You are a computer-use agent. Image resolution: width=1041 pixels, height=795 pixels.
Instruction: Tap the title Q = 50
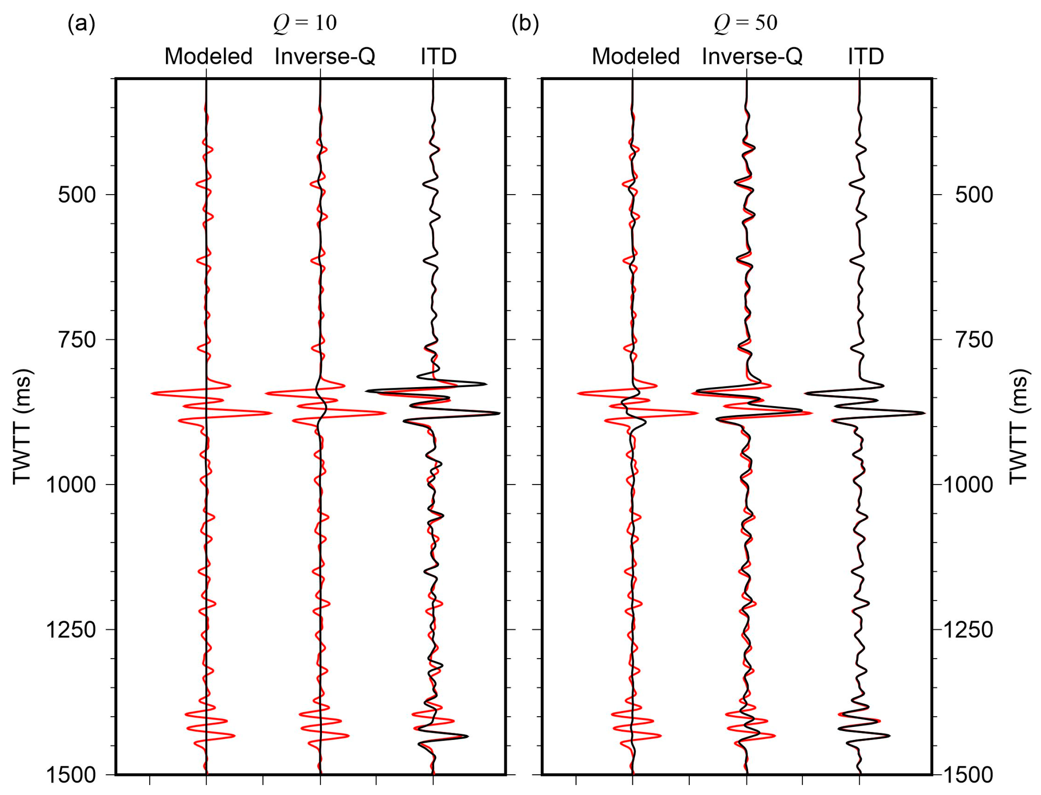pyautogui.click(x=745, y=23)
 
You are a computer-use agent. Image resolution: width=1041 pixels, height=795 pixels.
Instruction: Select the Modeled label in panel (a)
pyautogui.click(x=208, y=56)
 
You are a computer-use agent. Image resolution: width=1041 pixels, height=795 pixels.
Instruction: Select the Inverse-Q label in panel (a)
pyautogui.click(x=324, y=56)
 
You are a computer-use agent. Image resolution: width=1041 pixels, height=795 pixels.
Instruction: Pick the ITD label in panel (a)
pyautogui.click(x=438, y=56)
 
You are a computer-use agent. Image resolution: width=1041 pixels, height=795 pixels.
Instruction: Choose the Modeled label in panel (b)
pyautogui.click(x=635, y=56)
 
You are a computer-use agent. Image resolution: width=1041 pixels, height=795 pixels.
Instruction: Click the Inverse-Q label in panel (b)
pyautogui.click(x=752, y=56)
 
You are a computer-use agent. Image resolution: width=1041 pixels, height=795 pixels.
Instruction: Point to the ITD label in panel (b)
pyautogui.click(x=866, y=56)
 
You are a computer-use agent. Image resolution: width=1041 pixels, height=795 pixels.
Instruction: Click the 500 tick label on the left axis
pyautogui.click(x=77, y=195)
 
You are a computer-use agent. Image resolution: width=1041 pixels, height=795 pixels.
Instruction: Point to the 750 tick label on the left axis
pyautogui.click(x=77, y=340)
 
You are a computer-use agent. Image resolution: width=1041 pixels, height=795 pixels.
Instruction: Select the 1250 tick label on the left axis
pyautogui.click(x=71, y=630)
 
